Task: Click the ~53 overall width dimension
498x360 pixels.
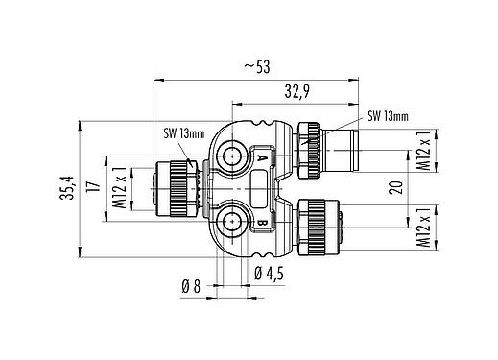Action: [x=255, y=67]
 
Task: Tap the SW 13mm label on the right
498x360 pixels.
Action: [x=389, y=117]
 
